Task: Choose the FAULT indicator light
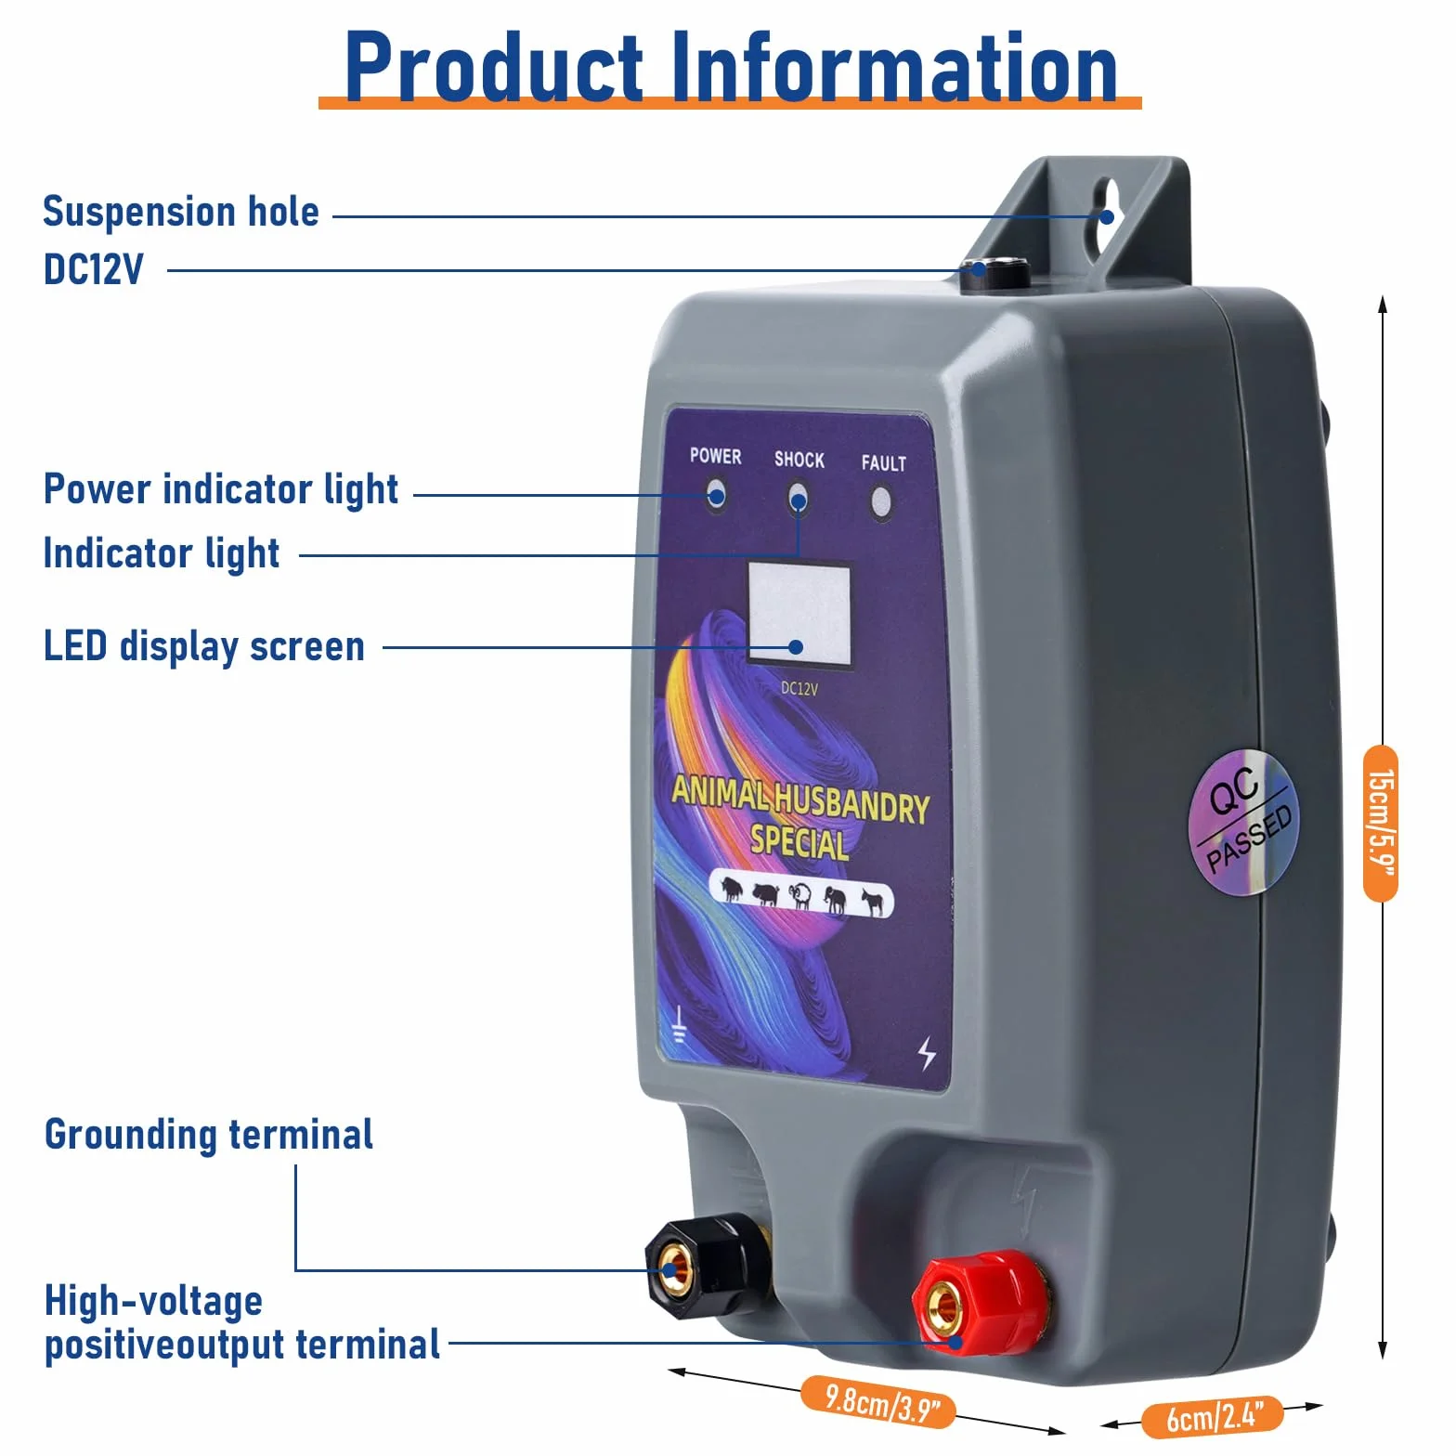click(880, 504)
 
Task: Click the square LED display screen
click(799, 614)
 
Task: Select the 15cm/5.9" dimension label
click(1381, 823)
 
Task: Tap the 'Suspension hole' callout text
click(181, 212)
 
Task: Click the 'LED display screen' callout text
click(204, 647)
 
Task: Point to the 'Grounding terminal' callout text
click(209, 1135)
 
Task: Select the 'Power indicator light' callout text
click(221, 490)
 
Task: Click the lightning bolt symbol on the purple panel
click(927, 1054)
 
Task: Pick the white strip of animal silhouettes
click(801, 894)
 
